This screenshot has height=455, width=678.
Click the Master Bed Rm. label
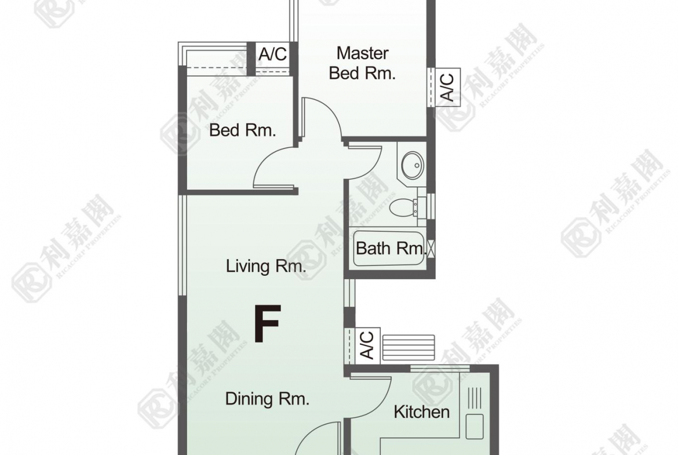pos(362,63)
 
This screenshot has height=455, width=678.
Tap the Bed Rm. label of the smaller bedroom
pos(243,130)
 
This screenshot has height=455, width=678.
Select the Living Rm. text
pos(266,265)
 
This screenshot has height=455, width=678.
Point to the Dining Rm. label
pos(267,398)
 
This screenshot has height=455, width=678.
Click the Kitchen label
pos(422,412)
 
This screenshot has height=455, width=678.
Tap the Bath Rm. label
pos(389,248)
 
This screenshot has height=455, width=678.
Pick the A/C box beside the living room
pos(368,345)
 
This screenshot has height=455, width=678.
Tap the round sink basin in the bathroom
pos(413,165)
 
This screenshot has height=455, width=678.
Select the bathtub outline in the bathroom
pos(389,249)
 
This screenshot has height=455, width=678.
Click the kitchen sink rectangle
pos(475,427)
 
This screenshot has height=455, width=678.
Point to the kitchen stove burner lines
pos(475,398)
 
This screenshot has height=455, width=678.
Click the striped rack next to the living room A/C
pos(408,347)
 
